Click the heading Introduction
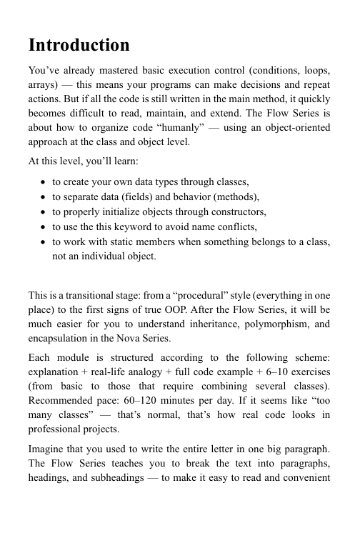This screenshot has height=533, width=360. pos(79,46)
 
